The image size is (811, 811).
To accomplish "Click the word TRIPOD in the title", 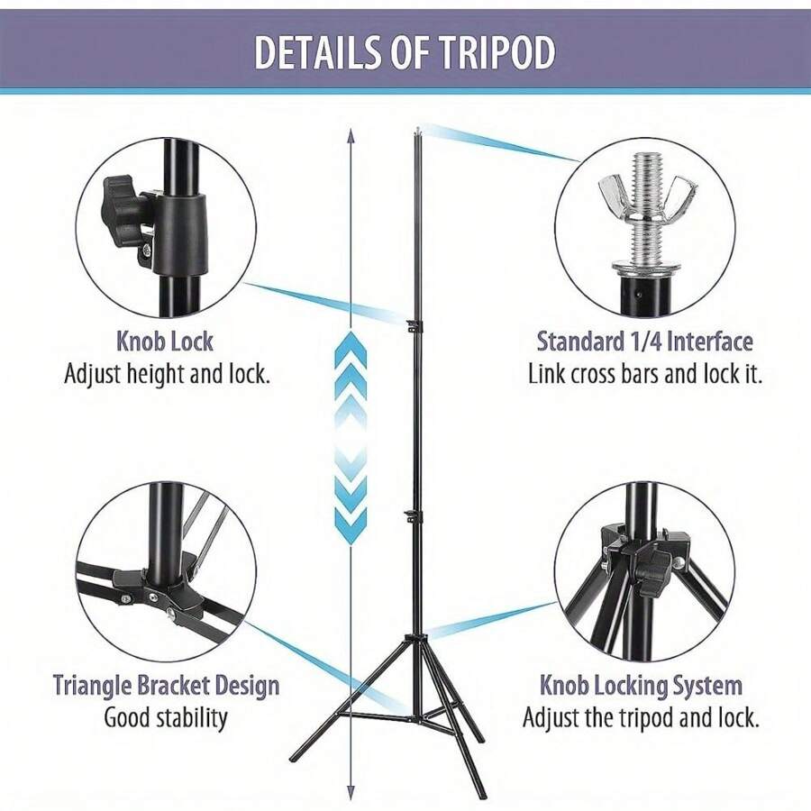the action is click(497, 52).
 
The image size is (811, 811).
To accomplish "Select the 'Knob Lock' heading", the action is click(165, 342).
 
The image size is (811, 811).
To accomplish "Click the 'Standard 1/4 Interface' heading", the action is click(644, 342).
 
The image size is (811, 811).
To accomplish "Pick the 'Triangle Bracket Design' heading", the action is click(166, 686).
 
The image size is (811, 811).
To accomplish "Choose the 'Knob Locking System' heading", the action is click(641, 686).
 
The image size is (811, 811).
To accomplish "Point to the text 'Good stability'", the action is click(166, 718).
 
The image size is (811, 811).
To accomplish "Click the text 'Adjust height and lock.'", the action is click(167, 374).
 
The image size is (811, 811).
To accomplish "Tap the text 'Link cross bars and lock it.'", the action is click(645, 373).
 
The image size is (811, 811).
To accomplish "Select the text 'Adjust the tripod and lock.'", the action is click(641, 718).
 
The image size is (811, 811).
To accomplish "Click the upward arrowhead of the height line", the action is click(351, 135).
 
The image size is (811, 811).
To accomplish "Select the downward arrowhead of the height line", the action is click(351, 792).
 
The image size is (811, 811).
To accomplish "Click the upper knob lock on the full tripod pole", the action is click(415, 326).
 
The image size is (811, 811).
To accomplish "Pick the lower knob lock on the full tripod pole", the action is click(414, 515).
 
